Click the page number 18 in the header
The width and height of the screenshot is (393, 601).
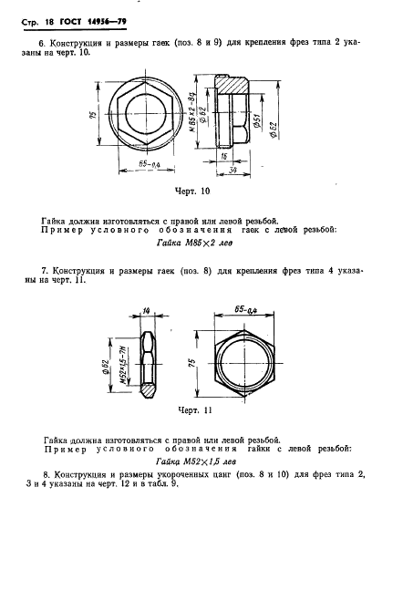click(49, 22)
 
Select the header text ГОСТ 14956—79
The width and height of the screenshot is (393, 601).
click(93, 22)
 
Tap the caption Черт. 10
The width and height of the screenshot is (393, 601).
click(192, 191)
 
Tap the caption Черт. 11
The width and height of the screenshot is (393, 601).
click(195, 410)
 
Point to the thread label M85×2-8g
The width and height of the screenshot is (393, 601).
click(193, 114)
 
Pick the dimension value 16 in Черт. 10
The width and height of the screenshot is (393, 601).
click(223, 156)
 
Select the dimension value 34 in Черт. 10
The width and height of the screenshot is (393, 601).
click(233, 171)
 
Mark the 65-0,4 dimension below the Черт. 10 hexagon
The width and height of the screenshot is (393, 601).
click(149, 164)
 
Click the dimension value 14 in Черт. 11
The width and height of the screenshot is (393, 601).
click(145, 311)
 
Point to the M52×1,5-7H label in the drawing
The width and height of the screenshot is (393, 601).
click(124, 366)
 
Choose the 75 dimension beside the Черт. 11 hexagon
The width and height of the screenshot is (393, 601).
click(191, 362)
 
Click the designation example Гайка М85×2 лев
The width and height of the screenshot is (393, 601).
click(194, 243)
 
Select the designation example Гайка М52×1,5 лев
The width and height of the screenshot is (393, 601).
click(195, 461)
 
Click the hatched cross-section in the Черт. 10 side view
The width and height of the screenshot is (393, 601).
click(231, 84)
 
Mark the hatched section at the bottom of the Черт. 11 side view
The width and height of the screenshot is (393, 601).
click(148, 389)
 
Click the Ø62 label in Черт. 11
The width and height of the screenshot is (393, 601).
click(106, 367)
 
